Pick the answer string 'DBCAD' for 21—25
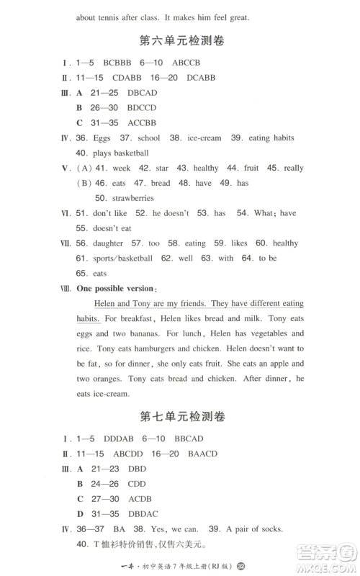[141, 93]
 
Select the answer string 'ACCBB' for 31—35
[140, 122]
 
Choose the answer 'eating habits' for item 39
[274, 138]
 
